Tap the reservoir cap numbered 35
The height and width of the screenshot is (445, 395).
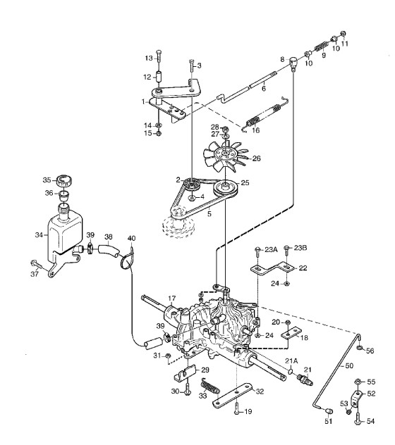pos(65,180)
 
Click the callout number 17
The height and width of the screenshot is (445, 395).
pos(172,299)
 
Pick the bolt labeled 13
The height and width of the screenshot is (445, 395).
pos(159,57)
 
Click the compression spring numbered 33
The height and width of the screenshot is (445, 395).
pos(210,387)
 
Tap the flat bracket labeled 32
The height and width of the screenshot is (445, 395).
pos(233,396)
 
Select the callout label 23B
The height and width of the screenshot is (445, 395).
pos(300,248)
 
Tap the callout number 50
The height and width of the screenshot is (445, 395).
pos(349,366)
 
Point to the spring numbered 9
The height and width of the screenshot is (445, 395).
pos(322,46)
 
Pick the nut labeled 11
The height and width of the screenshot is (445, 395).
pos(344,34)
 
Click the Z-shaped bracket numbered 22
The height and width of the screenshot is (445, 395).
pos(272,268)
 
